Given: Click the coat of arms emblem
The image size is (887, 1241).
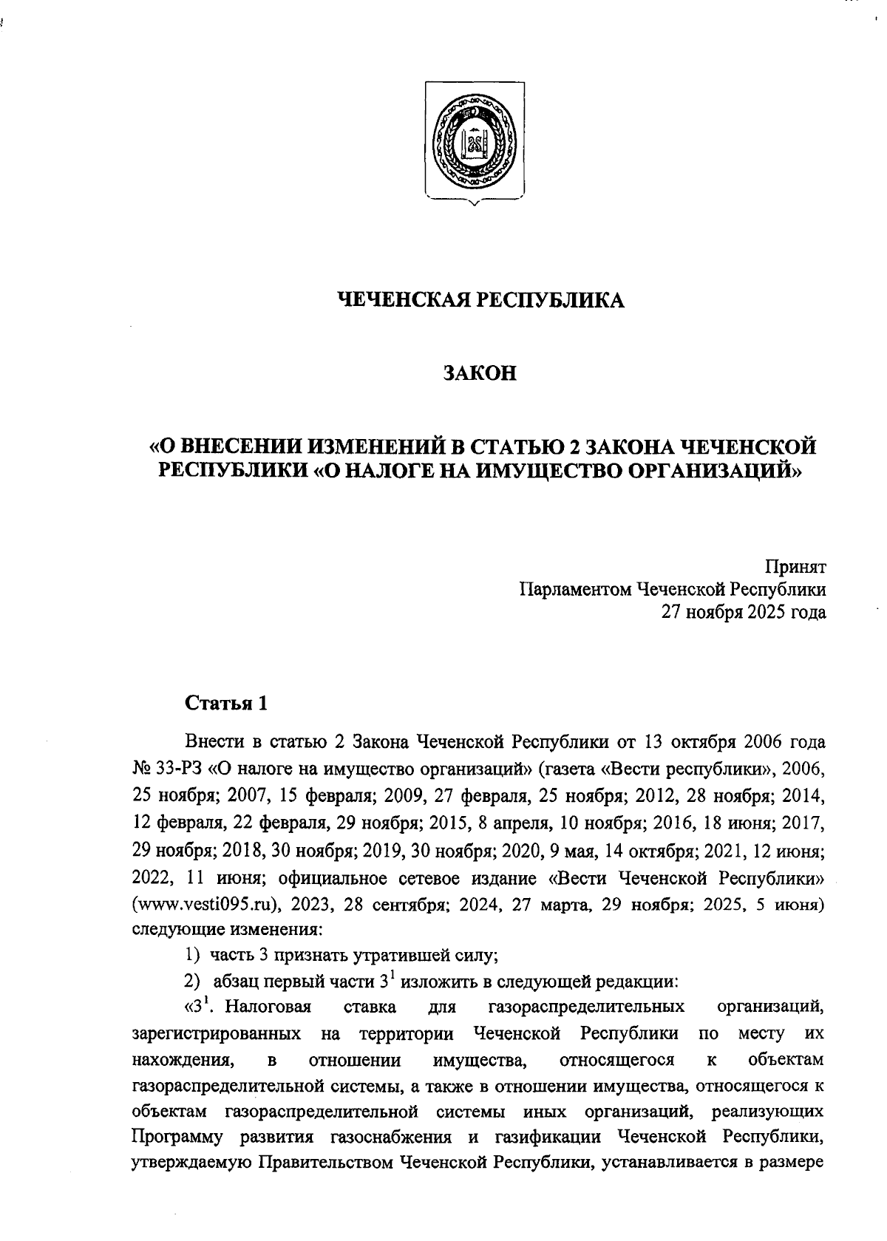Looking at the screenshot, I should pyautogui.click(x=475, y=141).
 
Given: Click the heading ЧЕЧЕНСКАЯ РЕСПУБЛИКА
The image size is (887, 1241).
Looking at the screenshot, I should pyautogui.click(x=480, y=299).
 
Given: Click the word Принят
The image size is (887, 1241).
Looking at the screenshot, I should pyautogui.click(x=795, y=568).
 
